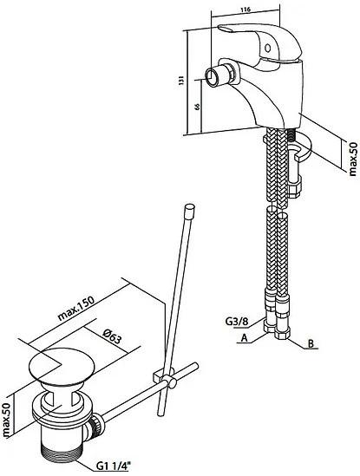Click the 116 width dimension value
pos(245,10)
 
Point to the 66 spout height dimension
pos(197,107)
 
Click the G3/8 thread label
pos(237,321)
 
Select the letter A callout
pos(244,337)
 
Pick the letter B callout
pos(311,343)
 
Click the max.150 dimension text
pos(76,308)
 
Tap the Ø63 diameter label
pos(111,336)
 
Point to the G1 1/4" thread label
pos(112,466)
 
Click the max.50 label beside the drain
pos(7,421)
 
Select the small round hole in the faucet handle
pos(268,48)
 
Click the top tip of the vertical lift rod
pos(190,206)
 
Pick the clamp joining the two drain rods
pos(164,376)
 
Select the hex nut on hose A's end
pos(269,327)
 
